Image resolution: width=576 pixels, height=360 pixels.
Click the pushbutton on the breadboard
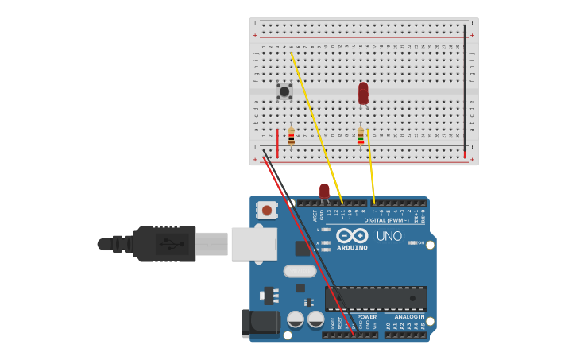(284, 91)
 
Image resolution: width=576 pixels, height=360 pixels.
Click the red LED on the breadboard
(363, 92)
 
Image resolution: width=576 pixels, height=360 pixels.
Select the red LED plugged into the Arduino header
(324, 192)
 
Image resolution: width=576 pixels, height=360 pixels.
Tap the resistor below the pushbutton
(292, 137)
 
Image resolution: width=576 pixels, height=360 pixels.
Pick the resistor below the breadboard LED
(361, 137)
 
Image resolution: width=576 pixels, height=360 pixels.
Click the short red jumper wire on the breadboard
(277, 142)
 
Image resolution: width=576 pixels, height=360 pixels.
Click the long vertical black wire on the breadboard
(465, 87)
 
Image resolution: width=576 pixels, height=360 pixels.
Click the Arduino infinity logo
(352, 236)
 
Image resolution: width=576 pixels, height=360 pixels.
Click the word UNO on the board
(389, 236)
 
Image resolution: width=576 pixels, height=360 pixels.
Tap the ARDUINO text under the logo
(352, 248)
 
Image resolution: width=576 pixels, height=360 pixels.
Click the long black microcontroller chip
(376, 298)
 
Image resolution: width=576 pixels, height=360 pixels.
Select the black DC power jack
(261, 322)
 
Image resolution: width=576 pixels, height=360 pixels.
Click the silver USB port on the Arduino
(253, 244)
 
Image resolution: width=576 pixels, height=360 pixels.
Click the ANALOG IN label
(409, 317)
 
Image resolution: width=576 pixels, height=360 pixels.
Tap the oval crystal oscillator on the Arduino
(300, 270)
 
